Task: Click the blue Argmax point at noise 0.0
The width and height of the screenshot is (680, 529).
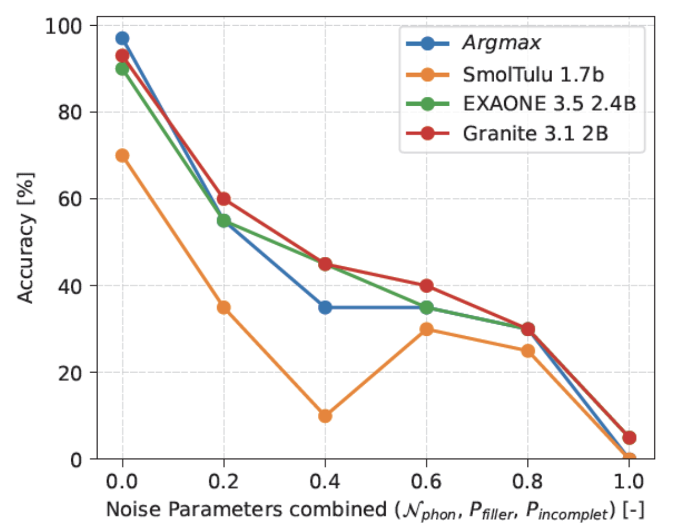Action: (122, 39)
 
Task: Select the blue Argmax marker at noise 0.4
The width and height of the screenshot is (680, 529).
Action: (325, 307)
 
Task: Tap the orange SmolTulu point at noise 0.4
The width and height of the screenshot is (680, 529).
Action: (325, 416)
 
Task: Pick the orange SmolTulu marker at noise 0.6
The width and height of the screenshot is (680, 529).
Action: (426, 329)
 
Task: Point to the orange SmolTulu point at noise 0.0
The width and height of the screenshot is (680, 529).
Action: (122, 155)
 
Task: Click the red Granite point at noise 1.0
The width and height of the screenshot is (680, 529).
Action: (629, 437)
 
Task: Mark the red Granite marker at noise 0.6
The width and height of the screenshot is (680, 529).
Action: (426, 286)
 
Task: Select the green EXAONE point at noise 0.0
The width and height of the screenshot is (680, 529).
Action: (122, 69)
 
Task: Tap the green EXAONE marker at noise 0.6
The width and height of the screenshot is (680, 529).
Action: (426, 307)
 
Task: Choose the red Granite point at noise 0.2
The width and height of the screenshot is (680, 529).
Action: (224, 199)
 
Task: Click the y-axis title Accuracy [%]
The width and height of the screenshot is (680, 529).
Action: (26, 237)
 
